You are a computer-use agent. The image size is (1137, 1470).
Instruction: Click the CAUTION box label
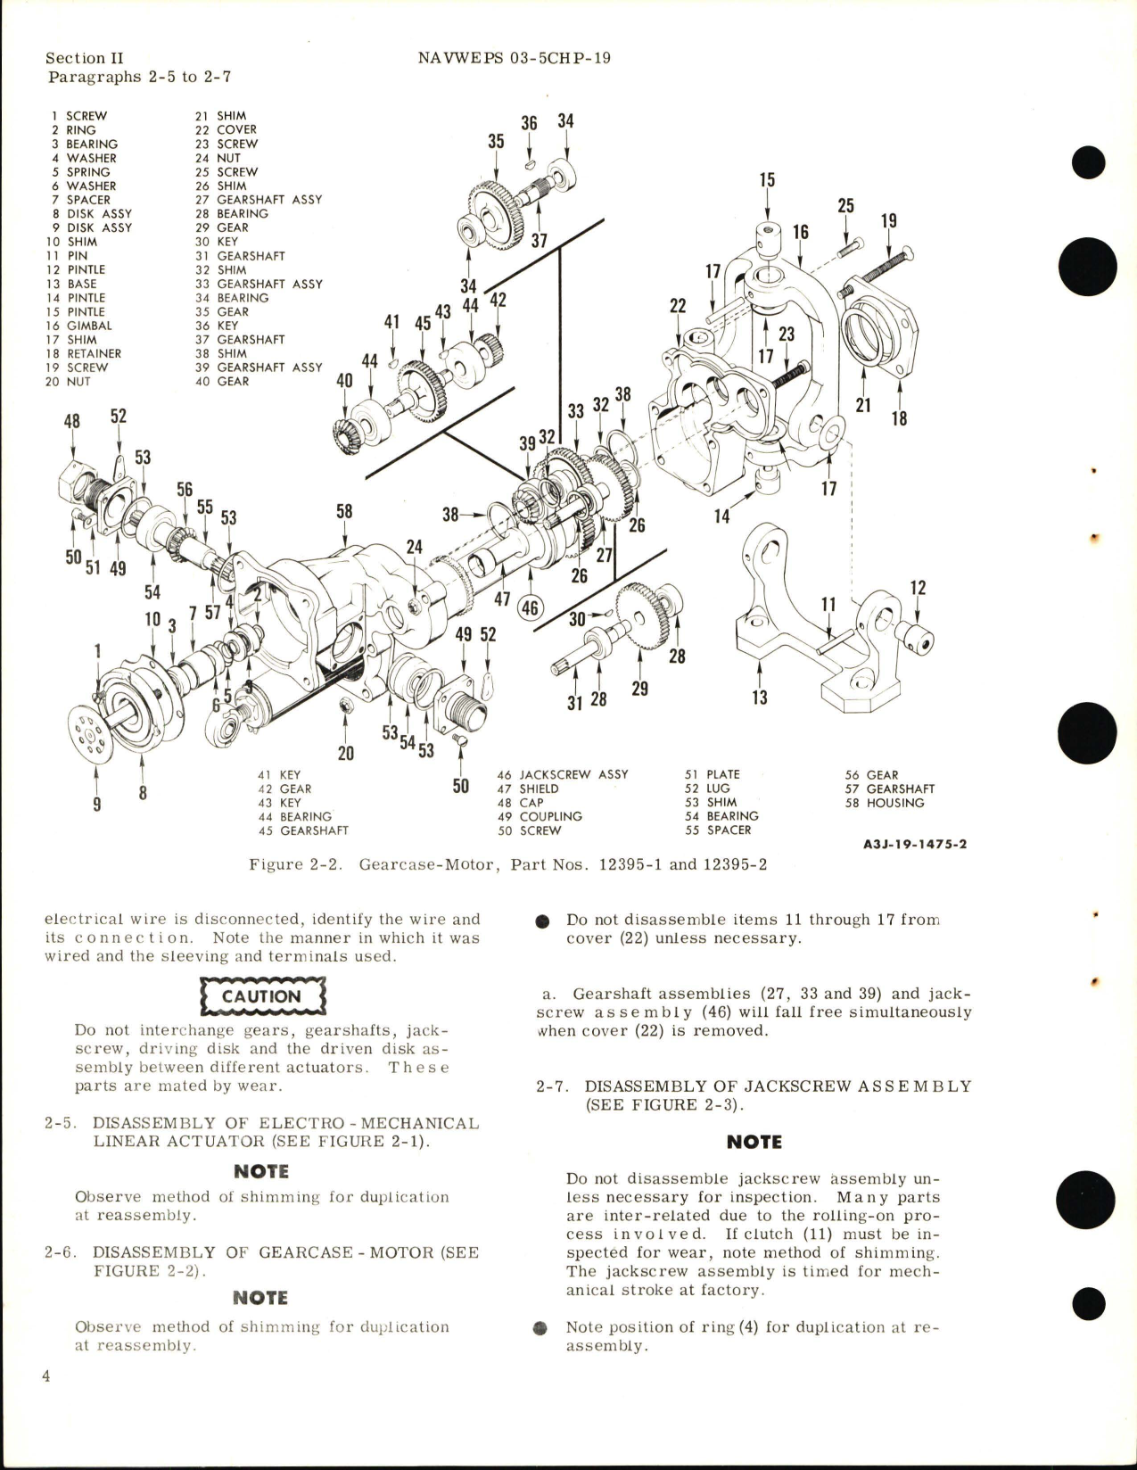[x=261, y=996]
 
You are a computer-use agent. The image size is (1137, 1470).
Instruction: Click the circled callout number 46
[x=530, y=608]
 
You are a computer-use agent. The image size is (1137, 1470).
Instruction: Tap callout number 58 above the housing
[x=343, y=511]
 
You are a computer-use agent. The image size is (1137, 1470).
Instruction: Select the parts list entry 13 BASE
[x=74, y=284]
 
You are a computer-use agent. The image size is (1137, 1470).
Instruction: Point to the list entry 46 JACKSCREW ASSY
[x=563, y=774]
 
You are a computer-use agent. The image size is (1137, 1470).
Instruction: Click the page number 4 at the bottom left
[x=46, y=1401]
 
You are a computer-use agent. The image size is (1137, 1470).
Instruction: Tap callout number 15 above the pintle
[x=767, y=180]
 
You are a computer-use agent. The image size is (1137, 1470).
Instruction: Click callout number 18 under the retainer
[x=898, y=417]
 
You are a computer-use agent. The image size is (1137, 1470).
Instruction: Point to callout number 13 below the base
[x=759, y=697]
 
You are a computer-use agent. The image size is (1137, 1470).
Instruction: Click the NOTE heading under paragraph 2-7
[x=754, y=1142]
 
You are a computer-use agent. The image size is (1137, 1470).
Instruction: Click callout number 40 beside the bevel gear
[x=343, y=381]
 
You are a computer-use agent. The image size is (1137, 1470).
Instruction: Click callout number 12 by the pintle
[x=918, y=588]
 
